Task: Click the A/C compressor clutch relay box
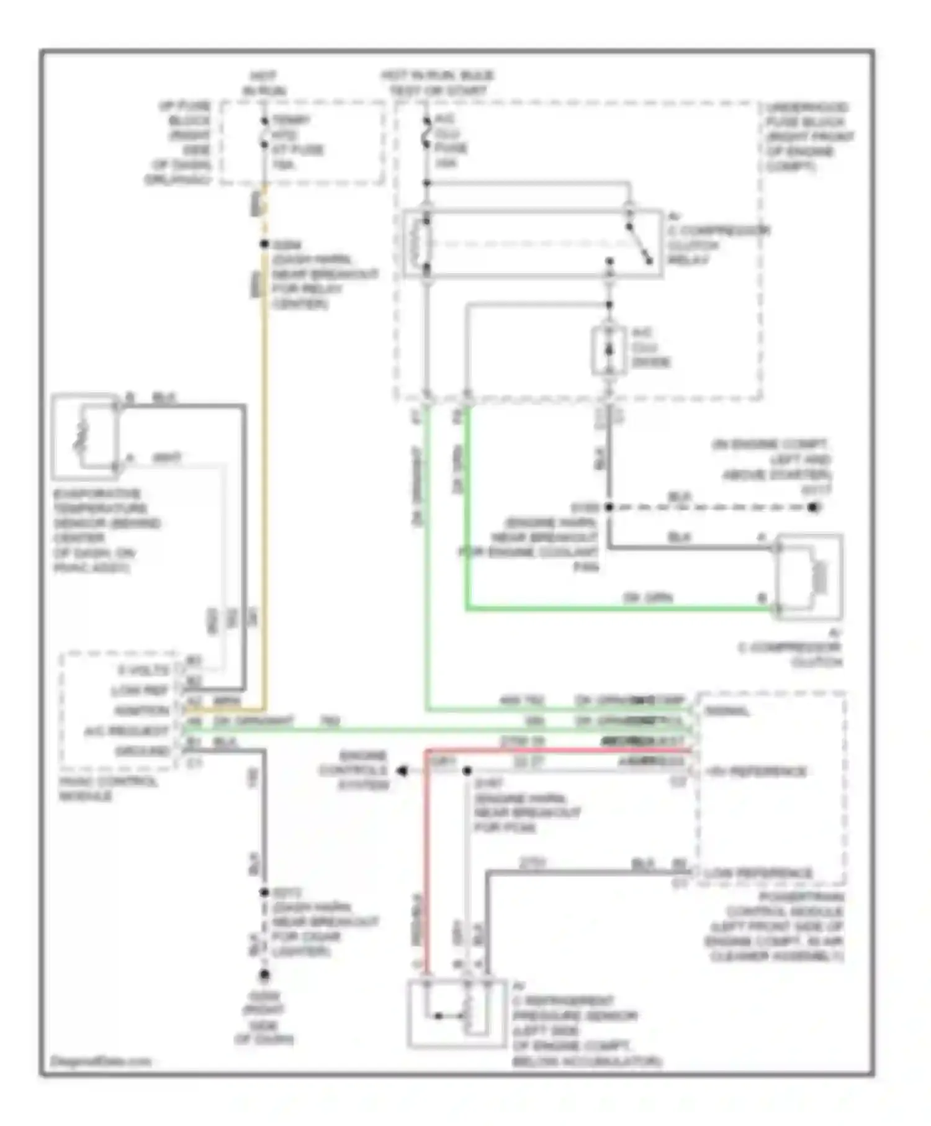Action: [x=533, y=243]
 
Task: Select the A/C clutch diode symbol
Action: [x=609, y=351]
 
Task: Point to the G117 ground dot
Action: [x=814, y=507]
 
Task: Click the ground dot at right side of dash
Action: [x=264, y=975]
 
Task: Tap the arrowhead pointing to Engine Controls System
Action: [x=402, y=771]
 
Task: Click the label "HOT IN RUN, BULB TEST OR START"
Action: [x=438, y=83]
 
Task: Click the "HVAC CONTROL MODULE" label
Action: [x=108, y=788]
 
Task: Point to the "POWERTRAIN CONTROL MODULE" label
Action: [x=785, y=927]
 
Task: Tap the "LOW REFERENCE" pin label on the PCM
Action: [x=758, y=873]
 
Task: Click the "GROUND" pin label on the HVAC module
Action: [x=142, y=751]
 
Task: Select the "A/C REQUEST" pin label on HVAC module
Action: [x=127, y=731]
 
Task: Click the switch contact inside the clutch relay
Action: [x=639, y=243]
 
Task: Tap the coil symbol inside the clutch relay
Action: [x=416, y=243]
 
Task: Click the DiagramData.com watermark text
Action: [x=101, y=1061]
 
